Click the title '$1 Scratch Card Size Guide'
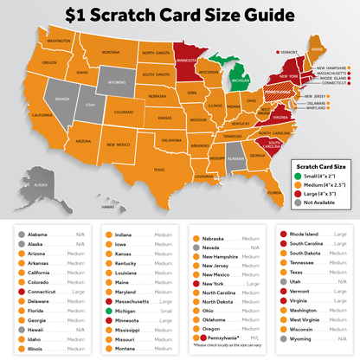point(179,16)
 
